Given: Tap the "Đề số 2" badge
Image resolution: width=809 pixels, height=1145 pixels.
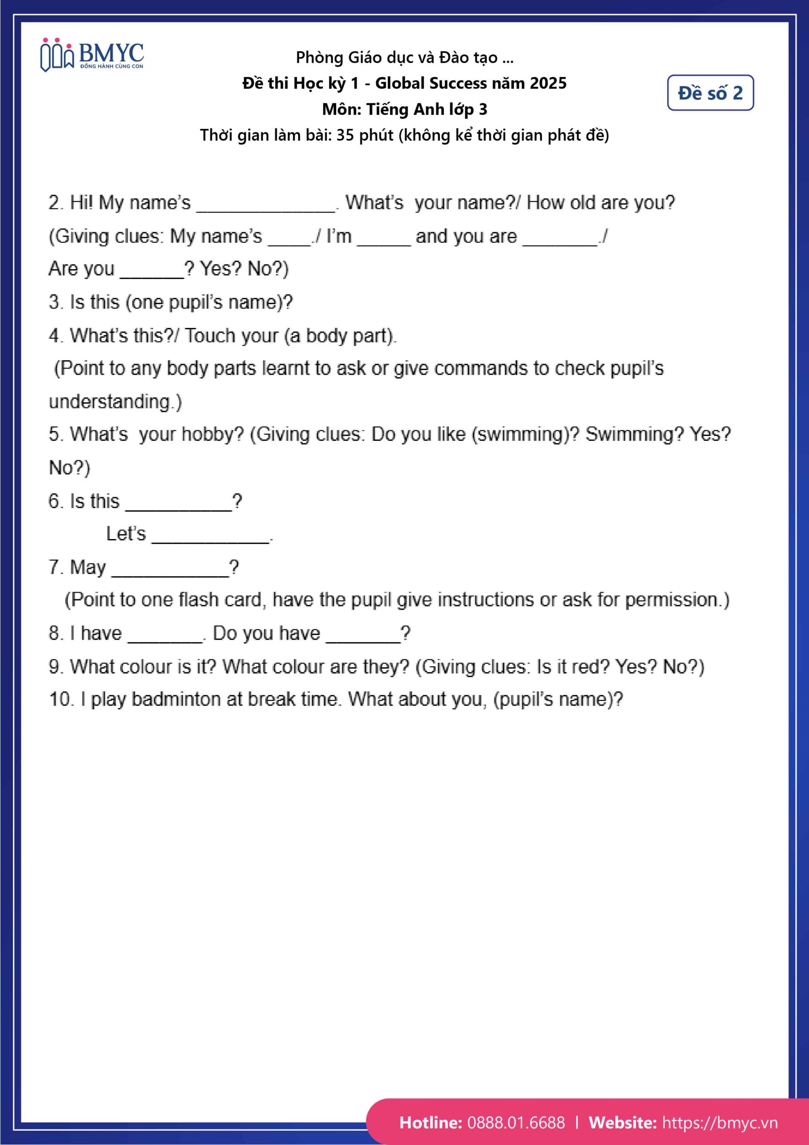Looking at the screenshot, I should click(710, 93).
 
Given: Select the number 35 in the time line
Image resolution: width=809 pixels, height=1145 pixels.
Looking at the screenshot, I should click(345, 135).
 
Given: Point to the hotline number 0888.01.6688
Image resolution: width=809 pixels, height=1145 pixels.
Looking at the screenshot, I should click(516, 1123).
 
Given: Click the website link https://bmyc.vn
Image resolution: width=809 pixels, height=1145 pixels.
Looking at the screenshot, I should click(719, 1123).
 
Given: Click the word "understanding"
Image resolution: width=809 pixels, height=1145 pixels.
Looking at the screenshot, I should click(110, 402).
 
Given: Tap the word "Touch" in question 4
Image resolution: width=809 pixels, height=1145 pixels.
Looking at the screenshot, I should click(206, 335).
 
